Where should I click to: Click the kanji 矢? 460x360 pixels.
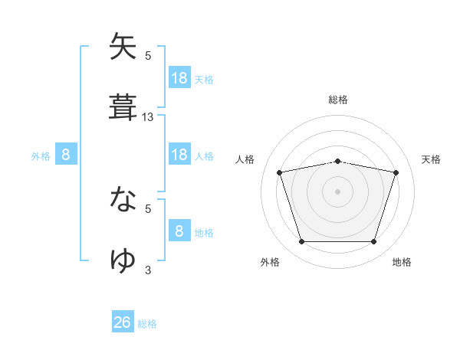click(123, 47)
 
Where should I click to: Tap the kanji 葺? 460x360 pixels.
click(123, 108)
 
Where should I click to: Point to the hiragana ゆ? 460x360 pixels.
click(123, 260)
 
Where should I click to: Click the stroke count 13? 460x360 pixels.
click(148, 117)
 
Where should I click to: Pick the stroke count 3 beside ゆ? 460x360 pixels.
click(148, 270)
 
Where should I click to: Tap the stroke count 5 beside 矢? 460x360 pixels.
click(148, 56)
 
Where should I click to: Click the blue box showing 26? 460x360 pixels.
click(123, 322)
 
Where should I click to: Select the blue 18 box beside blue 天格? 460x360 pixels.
click(179, 78)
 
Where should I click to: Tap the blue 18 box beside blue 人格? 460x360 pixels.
click(179, 155)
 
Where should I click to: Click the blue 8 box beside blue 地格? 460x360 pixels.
click(179, 231)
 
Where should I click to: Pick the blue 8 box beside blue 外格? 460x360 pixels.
click(66, 155)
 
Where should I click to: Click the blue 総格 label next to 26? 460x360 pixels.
click(147, 323)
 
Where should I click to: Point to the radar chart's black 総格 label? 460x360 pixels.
click(338, 100)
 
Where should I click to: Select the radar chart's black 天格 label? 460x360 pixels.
click(432, 159)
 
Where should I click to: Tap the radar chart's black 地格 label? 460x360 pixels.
click(402, 262)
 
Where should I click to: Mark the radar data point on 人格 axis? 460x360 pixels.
click(280, 172)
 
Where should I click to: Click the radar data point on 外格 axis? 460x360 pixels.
click(301, 242)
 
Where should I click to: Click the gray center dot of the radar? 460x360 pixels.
click(338, 191)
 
